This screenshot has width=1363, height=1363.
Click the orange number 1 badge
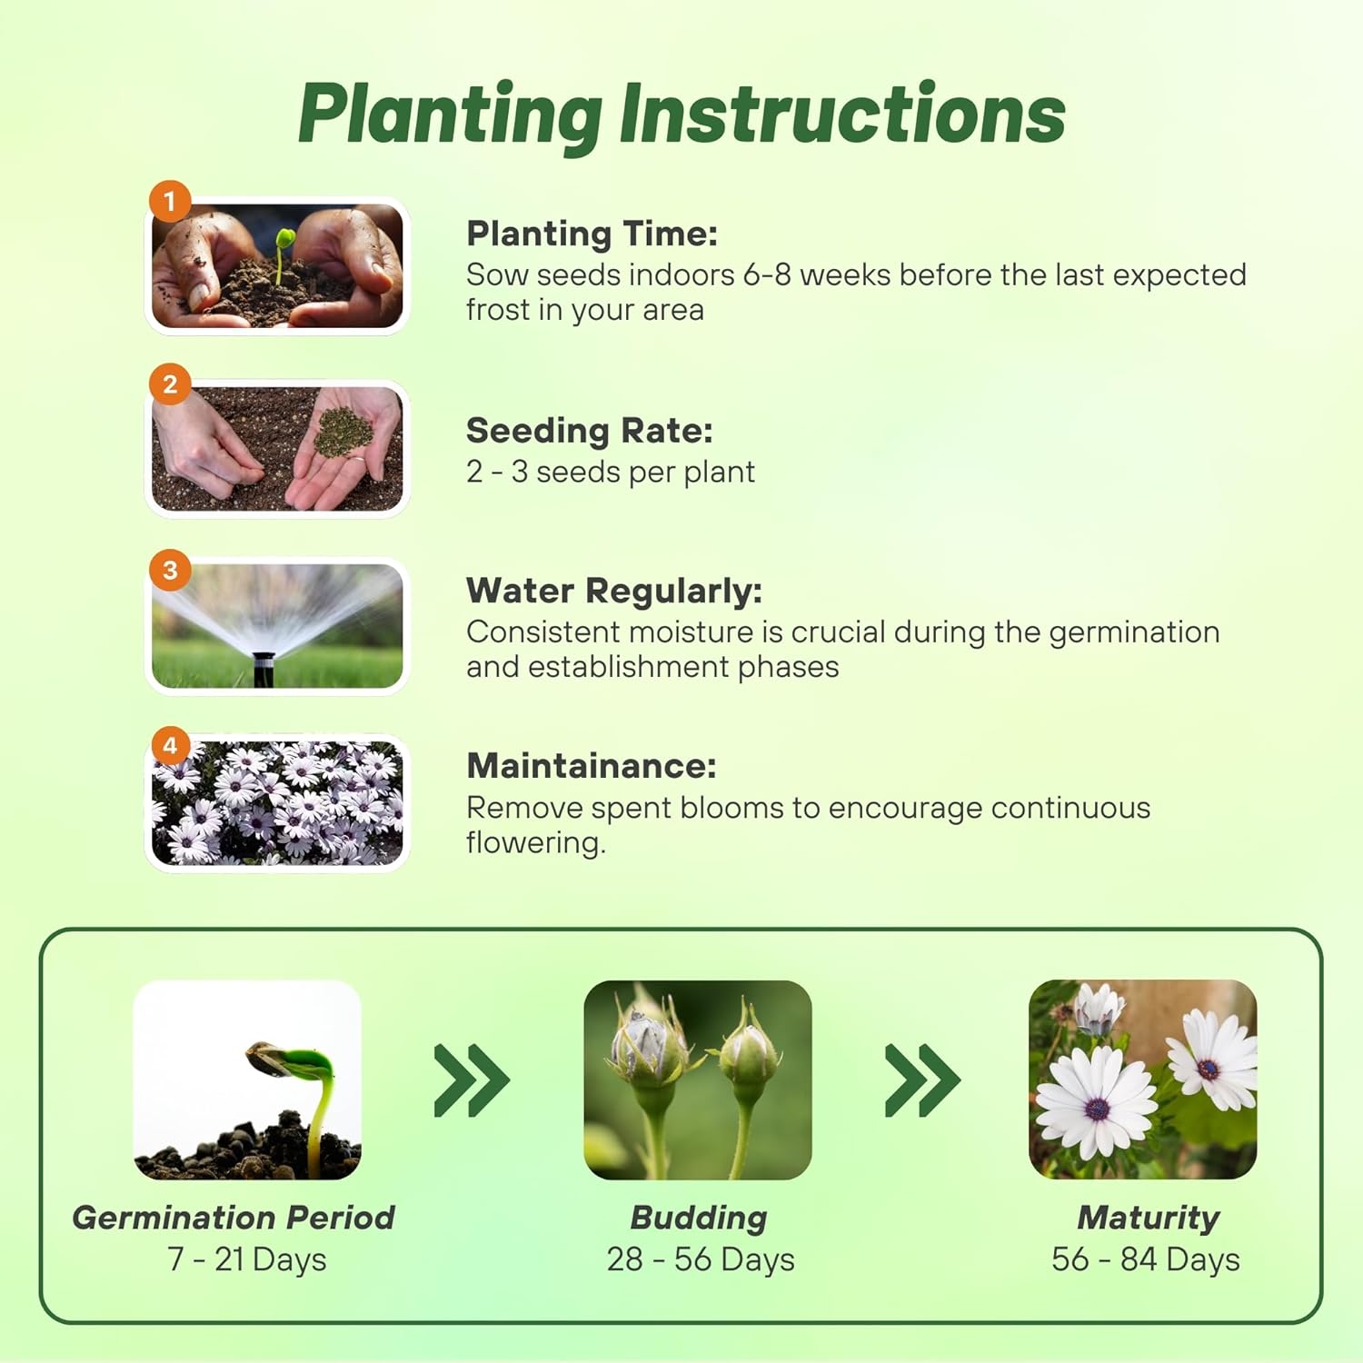(170, 201)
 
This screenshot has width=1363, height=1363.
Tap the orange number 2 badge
(170, 384)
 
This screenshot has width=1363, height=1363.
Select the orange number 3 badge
(170, 571)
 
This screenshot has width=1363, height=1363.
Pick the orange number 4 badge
(170, 746)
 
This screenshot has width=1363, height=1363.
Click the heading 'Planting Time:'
(592, 234)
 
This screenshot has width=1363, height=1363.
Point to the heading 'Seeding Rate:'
(589, 431)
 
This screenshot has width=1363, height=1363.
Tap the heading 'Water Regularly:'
(613, 591)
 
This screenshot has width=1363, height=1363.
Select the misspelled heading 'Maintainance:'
(591, 766)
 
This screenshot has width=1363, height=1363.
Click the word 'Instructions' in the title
(842, 114)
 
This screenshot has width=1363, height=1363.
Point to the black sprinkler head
(264, 669)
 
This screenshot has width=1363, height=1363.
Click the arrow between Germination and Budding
(471, 1080)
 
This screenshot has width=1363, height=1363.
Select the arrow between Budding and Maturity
(921, 1080)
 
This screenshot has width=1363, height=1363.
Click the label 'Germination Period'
(234, 1218)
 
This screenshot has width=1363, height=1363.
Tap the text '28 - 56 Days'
(701, 1259)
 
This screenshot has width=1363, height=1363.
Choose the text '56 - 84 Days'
(1145, 1259)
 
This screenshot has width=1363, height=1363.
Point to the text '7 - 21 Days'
(246, 1259)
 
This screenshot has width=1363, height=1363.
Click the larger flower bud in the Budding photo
(647, 1043)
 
